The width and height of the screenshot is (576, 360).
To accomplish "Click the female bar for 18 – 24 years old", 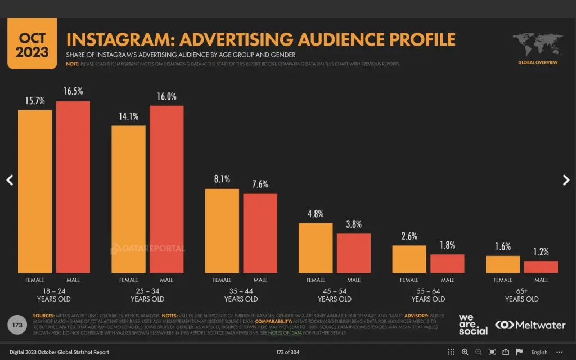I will [35, 191].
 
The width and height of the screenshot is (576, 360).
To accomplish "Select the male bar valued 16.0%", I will [166, 189].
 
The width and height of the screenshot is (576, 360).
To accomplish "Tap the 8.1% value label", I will [222, 180].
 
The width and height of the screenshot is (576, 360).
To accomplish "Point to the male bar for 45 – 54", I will [354, 253].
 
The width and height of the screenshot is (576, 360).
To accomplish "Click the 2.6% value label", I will [409, 236].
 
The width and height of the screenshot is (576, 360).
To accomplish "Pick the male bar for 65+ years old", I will [541, 267].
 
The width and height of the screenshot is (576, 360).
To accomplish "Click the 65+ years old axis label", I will [521, 295].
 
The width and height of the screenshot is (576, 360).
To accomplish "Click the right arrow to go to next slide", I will [566, 180].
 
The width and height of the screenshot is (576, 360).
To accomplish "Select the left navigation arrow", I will [9, 180].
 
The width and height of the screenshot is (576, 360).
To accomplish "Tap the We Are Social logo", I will [473, 325].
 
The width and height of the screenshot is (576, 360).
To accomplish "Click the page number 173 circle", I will [17, 325].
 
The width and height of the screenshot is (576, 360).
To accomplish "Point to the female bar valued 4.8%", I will [316, 248].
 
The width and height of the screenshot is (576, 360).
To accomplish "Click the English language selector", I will [539, 352].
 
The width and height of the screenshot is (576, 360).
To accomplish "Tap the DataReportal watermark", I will [147, 248].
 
